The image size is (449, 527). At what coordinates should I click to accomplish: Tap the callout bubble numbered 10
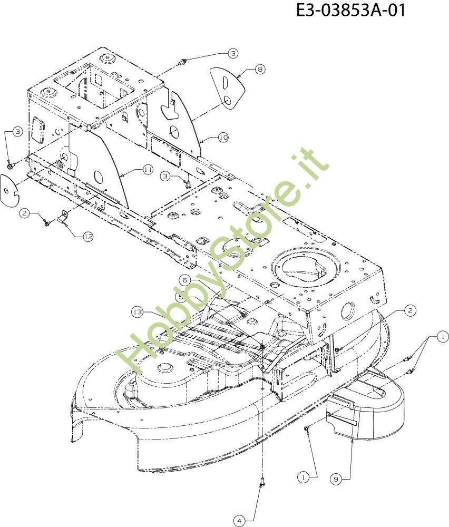click(223, 138)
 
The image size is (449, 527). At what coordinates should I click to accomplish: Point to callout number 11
click(148, 170)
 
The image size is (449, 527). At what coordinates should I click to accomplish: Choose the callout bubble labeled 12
click(88, 237)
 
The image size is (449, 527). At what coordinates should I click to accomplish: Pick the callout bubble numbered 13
click(138, 313)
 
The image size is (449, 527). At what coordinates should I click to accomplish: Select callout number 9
click(336, 479)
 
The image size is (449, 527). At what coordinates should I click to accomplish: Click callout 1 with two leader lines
click(443, 336)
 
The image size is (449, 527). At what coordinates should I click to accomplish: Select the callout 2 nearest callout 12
click(24, 213)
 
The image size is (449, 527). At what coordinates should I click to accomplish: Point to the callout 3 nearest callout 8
click(233, 53)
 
